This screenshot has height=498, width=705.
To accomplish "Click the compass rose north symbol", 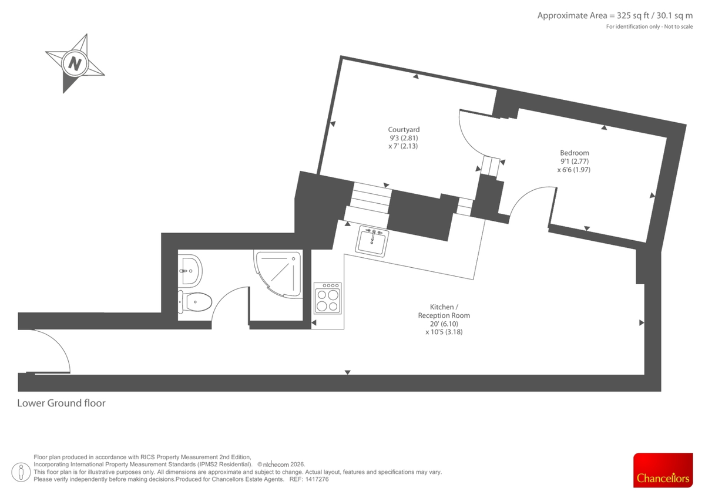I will click(75, 63).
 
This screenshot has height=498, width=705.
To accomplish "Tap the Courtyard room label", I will click(404, 130).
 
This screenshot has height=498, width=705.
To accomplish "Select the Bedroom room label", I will click(574, 153).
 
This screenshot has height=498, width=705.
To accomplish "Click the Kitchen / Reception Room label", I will click(444, 311).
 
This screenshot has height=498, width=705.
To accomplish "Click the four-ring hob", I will click(328, 298).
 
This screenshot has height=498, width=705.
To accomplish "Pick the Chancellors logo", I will click(663, 470).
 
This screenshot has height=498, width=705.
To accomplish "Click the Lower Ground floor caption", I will click(61, 403).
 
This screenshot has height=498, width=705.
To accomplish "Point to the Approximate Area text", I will click(615, 16).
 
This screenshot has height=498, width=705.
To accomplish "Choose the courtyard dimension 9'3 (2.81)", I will click(404, 138).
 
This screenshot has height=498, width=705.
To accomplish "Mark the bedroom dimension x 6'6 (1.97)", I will click(573, 170).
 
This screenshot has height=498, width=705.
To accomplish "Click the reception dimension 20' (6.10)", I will click(444, 324).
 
